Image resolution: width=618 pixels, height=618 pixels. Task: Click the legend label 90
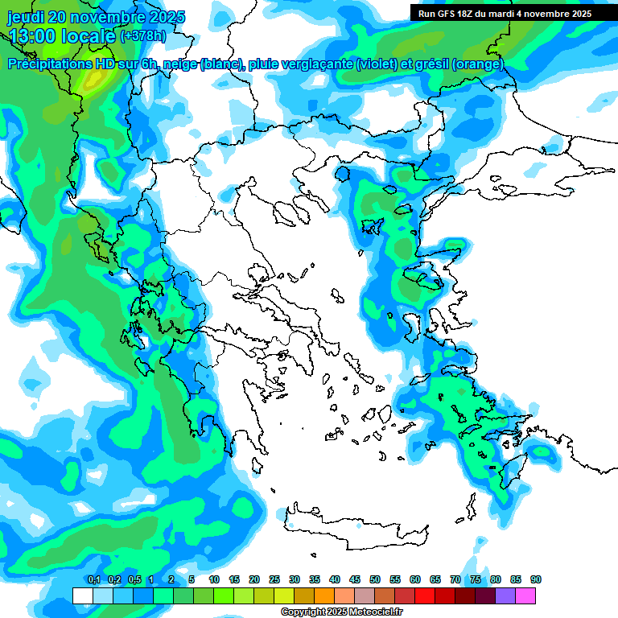pyautogui.click(x=536, y=579)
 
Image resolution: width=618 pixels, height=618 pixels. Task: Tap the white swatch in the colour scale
pyautogui.click(x=82, y=595)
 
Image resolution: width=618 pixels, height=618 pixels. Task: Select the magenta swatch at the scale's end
pyautogui.click(x=525, y=595)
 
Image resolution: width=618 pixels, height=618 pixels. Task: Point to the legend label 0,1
pyautogui.click(x=93, y=579)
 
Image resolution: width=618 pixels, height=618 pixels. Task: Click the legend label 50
pyautogui.click(x=375, y=579)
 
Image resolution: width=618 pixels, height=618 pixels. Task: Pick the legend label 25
pyautogui.click(x=274, y=579)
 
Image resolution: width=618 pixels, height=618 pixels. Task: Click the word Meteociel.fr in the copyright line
pyautogui.click(x=373, y=612)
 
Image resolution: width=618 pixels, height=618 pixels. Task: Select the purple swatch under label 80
pyautogui.click(x=505, y=595)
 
